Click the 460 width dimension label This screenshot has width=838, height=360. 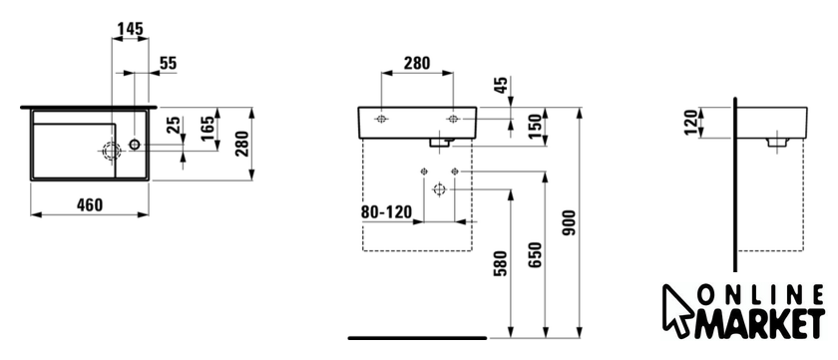coord(90,204)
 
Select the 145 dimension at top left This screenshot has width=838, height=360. coord(131,29)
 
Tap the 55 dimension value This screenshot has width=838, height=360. coord(168,63)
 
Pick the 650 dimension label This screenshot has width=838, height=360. coord(535,254)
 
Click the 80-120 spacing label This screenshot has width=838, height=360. coord(386,212)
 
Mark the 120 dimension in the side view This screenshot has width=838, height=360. coord(690,123)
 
